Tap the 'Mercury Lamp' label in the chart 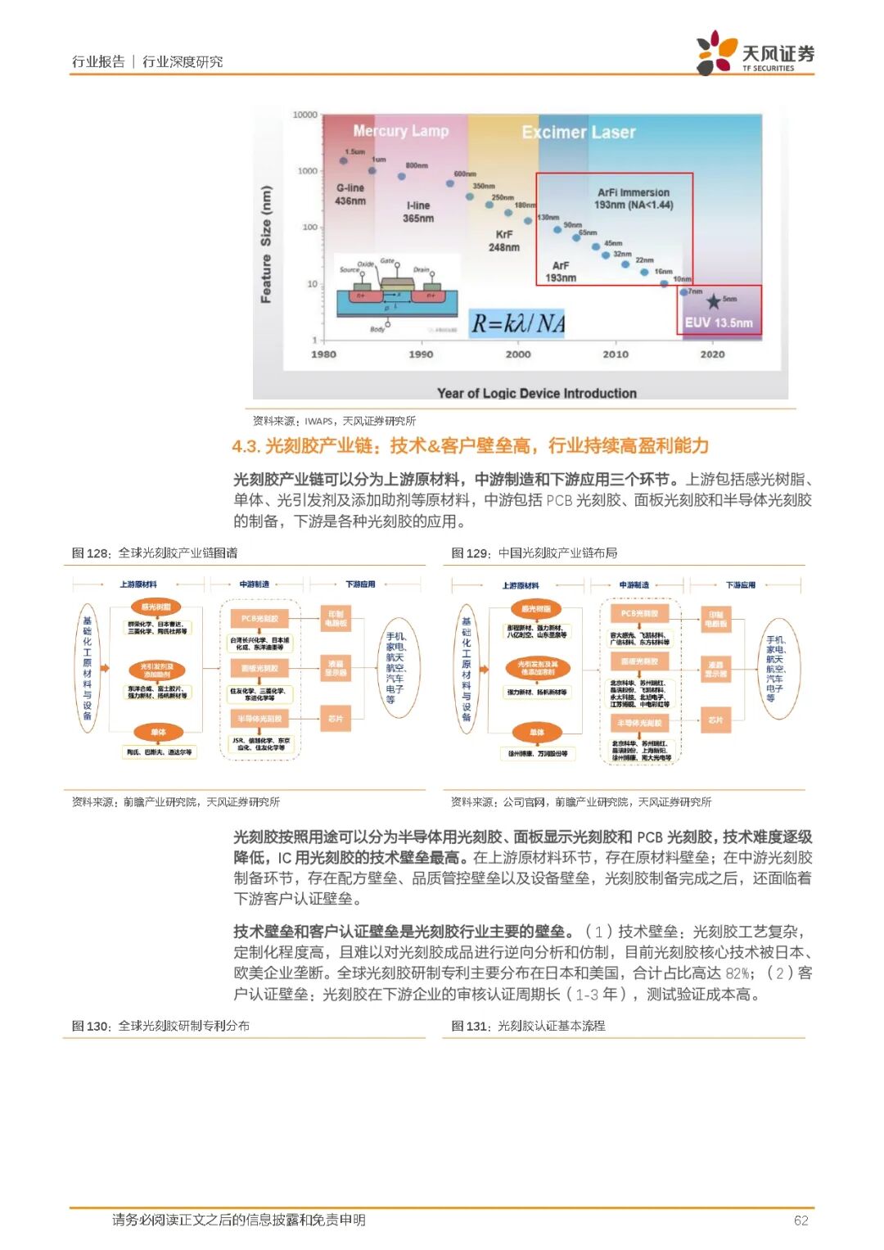click(x=400, y=131)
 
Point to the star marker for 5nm click(x=714, y=301)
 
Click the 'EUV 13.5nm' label click(x=719, y=323)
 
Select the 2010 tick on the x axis click(x=616, y=354)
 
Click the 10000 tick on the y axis click(x=304, y=115)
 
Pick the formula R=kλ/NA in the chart click(x=517, y=324)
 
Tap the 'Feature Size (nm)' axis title click(x=266, y=245)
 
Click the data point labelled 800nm click(x=402, y=176)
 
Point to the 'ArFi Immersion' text click(x=633, y=192)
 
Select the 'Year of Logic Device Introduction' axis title click(x=536, y=393)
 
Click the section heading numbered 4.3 click(x=470, y=446)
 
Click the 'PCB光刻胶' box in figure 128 click(x=260, y=619)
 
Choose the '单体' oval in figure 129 click(x=537, y=732)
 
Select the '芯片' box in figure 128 click(x=336, y=718)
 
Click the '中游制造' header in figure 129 click(x=634, y=584)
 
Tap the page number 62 click(x=801, y=1221)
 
